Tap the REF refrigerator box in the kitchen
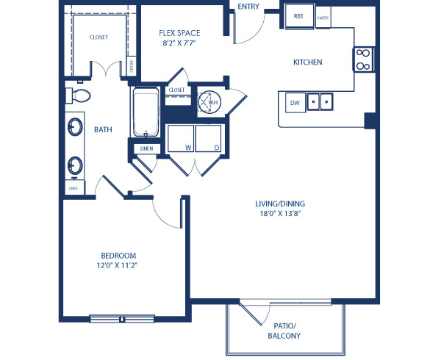[299, 17]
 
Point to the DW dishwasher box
[293, 102]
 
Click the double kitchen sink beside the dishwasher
[320, 102]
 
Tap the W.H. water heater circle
[208, 101]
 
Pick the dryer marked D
[208, 137]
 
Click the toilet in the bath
[79, 96]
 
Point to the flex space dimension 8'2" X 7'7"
[179, 44]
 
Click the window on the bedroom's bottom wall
[122, 318]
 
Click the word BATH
[103, 130]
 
